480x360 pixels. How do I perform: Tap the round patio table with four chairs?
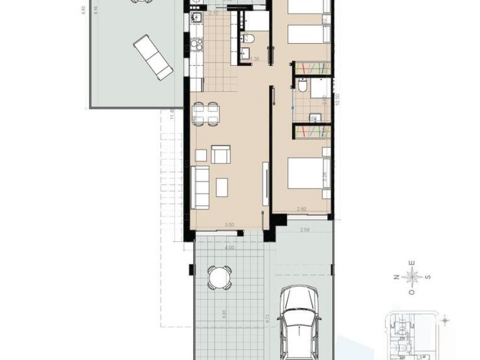(220, 277)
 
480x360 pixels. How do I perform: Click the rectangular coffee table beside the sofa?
(222, 187)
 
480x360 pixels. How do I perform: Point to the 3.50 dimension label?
(229, 225)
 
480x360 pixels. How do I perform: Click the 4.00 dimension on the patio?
(230, 248)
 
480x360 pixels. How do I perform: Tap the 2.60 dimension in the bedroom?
(302, 209)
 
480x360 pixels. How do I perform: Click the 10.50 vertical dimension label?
(337, 100)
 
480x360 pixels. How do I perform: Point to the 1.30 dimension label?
(254, 59)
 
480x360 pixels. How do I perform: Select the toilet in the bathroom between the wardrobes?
(302, 87)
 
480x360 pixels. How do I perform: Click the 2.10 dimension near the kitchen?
(214, 13)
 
